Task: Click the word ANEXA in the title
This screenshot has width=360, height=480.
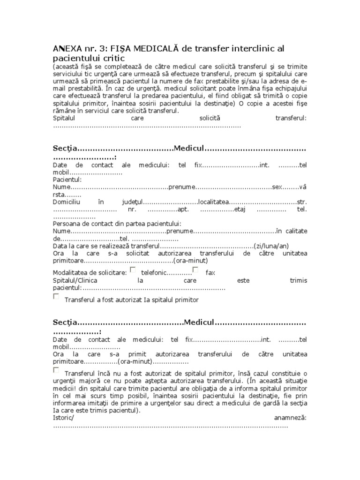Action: [x=67, y=49]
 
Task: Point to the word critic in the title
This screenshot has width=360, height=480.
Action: [x=112, y=59]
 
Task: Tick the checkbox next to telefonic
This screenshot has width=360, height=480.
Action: [x=133, y=270]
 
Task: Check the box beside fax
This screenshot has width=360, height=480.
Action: [x=195, y=270]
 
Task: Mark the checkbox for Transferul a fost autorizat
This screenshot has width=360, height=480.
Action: [x=56, y=297]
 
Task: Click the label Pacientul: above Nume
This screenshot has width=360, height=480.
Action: [x=67, y=180]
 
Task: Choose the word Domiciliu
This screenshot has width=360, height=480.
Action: [x=67, y=202]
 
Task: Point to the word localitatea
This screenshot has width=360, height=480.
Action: [x=213, y=202]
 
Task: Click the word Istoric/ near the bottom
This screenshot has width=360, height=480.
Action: [x=63, y=419]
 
